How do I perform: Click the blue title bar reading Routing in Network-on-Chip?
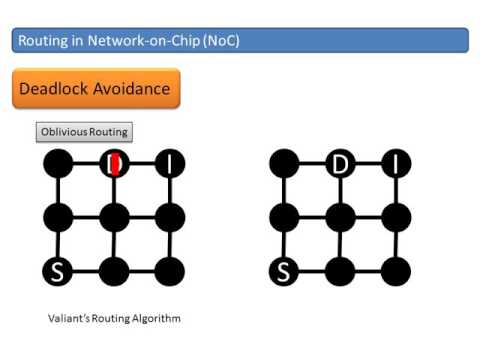pos(240,40)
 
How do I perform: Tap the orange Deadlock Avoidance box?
pos(95,89)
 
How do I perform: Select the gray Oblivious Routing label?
pos(84,132)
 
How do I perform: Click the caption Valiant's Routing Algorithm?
pos(114,318)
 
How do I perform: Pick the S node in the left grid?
pos(58,270)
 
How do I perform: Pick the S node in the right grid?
pos(284,270)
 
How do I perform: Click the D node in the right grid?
pos(341,163)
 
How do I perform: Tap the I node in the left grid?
pos(171,163)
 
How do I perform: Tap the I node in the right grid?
pos(397,163)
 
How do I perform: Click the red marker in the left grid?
pos(115,162)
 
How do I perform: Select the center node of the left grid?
pos(115,215)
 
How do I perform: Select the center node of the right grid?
pos(341,215)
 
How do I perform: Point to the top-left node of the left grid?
pos(58,163)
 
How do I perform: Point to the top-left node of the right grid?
pos(284,163)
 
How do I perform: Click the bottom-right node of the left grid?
pos(171,270)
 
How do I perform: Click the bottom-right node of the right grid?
pos(397,270)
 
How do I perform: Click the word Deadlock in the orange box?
pos(58,89)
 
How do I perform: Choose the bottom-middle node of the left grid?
pos(115,270)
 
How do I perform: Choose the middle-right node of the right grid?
pos(397,215)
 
